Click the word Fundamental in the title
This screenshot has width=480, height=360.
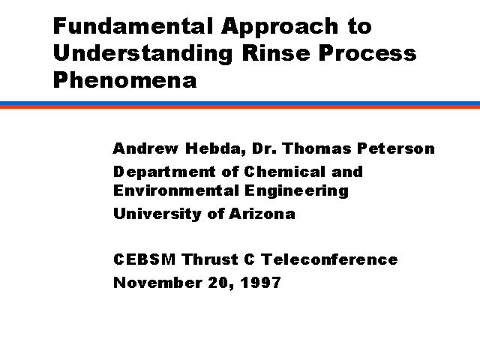pos(133,26)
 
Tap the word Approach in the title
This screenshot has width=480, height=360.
pos(280,28)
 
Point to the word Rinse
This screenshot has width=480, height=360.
pos(276,52)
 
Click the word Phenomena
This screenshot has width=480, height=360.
pos(125,79)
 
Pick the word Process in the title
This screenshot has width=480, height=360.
pos(367,52)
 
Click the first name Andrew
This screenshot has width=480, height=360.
pos(145,148)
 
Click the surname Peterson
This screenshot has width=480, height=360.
pos(396,148)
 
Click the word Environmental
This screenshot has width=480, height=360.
pos(176,190)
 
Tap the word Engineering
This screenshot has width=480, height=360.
pos(297,192)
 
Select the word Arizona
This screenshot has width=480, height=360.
pos(262,214)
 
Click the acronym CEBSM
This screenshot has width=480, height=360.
pos(145,259)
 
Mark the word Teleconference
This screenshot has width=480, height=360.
pos(329,259)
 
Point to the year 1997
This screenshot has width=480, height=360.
pos(260,283)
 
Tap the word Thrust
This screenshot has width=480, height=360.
pos(210,259)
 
